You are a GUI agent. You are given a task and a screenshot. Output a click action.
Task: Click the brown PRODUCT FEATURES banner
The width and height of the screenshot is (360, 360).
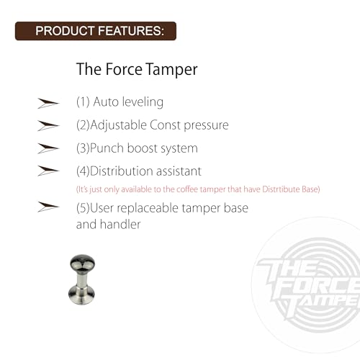pos(96,31)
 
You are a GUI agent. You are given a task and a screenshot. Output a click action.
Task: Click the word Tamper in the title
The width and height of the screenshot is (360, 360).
pos(171,70)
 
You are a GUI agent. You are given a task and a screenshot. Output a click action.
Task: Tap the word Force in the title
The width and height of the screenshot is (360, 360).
pos(124,69)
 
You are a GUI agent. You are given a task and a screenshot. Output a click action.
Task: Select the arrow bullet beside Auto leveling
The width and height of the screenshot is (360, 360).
pos(48,104)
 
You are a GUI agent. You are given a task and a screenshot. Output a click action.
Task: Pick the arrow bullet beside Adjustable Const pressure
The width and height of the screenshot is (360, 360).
pos(48,126)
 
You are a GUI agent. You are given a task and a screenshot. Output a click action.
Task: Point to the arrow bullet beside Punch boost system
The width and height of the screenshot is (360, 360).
pos(48,148)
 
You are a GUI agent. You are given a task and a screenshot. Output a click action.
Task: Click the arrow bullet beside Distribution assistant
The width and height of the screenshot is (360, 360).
pos(48,171)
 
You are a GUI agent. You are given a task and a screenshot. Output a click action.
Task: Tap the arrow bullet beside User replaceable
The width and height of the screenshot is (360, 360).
pos(48,207)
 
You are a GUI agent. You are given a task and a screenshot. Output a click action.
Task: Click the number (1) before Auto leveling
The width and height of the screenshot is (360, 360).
pos(83,102)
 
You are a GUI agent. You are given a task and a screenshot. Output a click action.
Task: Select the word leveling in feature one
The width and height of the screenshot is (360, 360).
pos(143,102)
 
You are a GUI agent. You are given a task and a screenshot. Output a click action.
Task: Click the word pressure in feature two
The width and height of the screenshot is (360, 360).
pos(206,126)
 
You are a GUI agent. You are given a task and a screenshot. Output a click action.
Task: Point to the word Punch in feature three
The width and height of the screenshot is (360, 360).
pos(107,148)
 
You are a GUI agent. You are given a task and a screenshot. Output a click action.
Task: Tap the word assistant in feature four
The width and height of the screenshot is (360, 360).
pos(179,171)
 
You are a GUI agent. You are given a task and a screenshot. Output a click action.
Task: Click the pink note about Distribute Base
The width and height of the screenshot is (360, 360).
pos(198,189)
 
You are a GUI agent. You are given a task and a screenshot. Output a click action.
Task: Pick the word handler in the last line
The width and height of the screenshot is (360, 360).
pos(120,225)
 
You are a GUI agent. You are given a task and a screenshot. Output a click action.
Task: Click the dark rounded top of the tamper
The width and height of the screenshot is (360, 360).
pos(82,262)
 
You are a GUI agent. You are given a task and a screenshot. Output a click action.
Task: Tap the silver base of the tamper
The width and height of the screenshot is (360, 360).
pos(81,294)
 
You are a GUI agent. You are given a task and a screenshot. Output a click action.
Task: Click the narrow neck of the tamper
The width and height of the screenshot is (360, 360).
pos(81,278)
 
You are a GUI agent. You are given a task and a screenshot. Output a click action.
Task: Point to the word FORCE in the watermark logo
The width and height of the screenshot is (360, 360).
pos(317,289)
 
